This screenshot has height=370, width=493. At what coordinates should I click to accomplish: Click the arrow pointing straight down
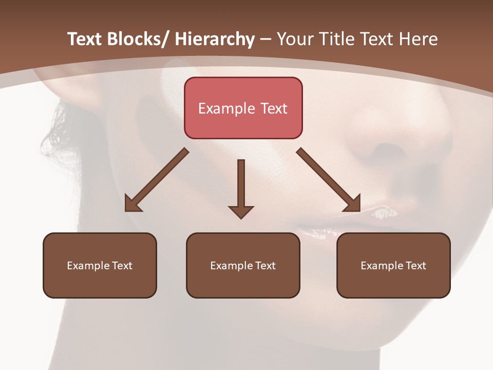tap(241, 188)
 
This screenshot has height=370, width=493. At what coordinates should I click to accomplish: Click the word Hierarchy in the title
tap(215, 40)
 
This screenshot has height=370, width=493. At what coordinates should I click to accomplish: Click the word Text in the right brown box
tap(415, 266)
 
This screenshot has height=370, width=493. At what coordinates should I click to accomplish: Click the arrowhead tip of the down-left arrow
tap(126, 210)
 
